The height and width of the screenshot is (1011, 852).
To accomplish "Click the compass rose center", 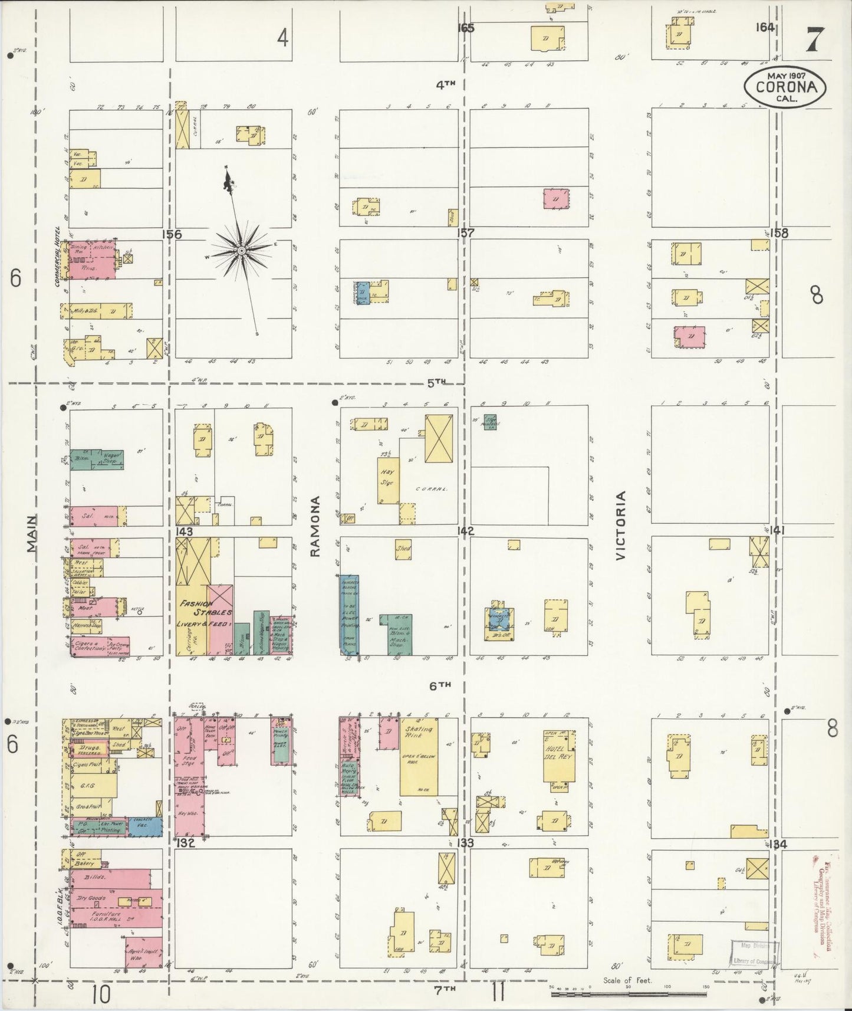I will (x=241, y=251).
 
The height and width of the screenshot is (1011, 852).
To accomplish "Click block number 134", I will (x=778, y=844).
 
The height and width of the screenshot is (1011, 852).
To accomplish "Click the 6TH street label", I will (x=440, y=685).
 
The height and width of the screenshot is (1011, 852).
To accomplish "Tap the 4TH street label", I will (x=446, y=84).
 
